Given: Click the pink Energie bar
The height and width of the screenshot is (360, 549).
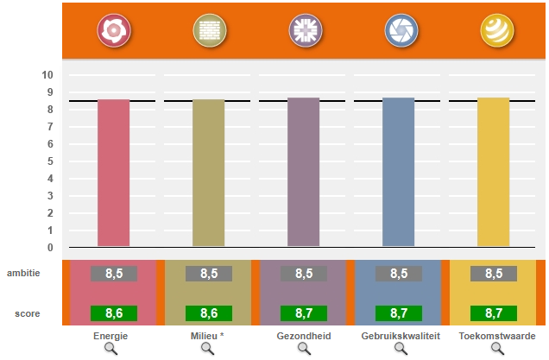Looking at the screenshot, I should coord(113,173).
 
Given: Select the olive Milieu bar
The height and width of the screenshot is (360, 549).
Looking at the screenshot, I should coord(208,173).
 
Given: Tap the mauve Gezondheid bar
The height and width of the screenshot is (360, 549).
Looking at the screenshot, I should coord(303,173).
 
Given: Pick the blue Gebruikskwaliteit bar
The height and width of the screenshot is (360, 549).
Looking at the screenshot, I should coord(398,173).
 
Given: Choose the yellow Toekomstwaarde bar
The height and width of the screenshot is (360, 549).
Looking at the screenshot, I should coord(493,173).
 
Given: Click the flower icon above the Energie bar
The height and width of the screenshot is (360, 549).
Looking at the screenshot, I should coord(113,31).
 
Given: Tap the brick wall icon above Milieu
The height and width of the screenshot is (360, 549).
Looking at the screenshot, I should coord(208,31).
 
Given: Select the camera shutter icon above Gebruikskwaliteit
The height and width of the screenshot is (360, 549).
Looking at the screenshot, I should coord(399,31).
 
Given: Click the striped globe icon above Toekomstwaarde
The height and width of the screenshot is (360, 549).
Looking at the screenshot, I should coord(495,31).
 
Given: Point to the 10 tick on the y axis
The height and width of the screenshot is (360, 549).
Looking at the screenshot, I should coord(48,75).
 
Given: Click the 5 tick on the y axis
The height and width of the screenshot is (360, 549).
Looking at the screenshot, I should coord(49,161).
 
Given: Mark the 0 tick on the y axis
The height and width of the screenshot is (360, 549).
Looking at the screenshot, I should coord(49,248).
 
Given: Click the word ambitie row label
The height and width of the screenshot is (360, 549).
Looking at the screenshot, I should coord(24,273).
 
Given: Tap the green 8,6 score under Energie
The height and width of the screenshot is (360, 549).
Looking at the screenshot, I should coord(114,313).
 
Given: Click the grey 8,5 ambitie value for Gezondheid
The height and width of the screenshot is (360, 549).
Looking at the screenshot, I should coord(304,274).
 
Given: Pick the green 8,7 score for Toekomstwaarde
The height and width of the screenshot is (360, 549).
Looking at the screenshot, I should coord(494,313).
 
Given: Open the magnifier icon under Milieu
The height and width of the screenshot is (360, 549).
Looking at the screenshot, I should coord(208,348).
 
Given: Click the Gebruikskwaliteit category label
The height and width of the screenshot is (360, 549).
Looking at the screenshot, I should coord(400,336).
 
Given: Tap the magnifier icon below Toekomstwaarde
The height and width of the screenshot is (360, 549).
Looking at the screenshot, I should coord(497,348).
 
